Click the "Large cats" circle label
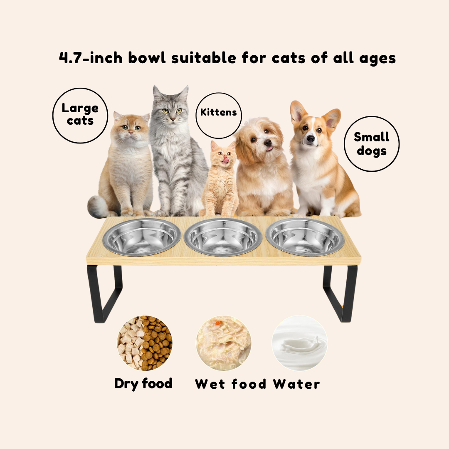point(80,116)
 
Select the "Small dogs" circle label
point(371,144)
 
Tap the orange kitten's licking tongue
point(226,160)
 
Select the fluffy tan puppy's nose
point(267,143)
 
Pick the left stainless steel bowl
point(142,237)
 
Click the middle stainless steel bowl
point(223,237)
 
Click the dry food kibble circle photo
point(145,343)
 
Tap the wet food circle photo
point(223,343)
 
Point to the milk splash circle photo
point(299,343)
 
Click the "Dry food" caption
point(143,384)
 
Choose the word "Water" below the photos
point(296,384)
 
